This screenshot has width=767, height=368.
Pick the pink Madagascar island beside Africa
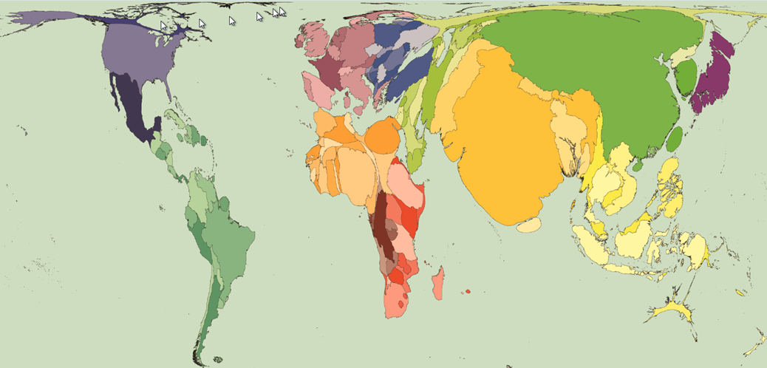click(x=438, y=284)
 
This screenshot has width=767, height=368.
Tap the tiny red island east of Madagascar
click(x=468, y=292)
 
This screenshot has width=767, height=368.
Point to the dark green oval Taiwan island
click(x=675, y=138)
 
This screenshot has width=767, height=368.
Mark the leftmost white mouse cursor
click(x=164, y=25)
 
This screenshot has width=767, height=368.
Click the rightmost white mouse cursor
click(x=282, y=13)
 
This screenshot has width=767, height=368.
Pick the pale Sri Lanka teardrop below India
click(x=528, y=225)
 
